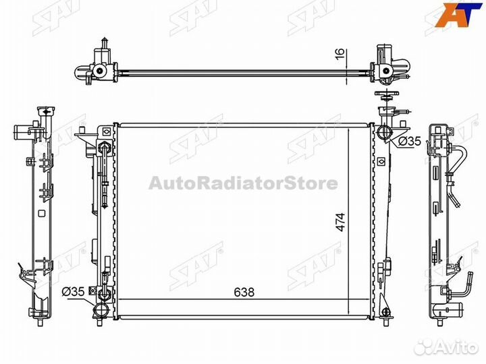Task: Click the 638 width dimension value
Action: pyautogui.click(x=244, y=292)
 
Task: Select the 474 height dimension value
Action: pyautogui.click(x=340, y=222)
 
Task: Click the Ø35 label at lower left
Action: pyautogui.click(x=73, y=291)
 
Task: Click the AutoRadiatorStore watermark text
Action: pyautogui.click(x=243, y=183)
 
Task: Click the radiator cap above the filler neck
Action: pyautogui.click(x=387, y=95)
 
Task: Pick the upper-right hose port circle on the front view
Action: pyautogui.click(x=384, y=132)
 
